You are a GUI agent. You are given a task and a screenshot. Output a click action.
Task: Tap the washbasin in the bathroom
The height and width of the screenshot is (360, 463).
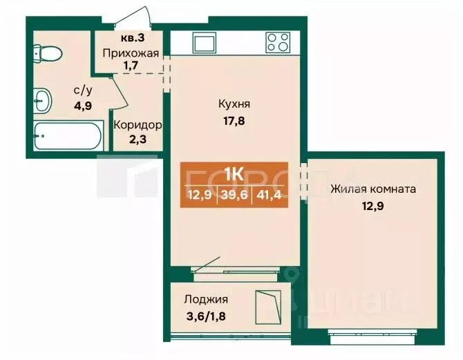click(43, 102)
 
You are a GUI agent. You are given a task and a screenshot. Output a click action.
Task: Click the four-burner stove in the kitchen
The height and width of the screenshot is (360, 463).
click(278, 42)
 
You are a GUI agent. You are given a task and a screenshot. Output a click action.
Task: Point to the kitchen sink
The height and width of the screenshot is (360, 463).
click(206, 42)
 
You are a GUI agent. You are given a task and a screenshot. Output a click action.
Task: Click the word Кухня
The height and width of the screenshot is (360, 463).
click(234, 104)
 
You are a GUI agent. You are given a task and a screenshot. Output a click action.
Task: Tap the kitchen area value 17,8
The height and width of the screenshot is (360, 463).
click(234, 120)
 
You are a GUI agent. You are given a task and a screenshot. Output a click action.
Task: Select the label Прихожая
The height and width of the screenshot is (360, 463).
click(131, 53)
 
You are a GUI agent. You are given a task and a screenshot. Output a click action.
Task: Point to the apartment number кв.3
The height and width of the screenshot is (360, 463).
click(131, 39)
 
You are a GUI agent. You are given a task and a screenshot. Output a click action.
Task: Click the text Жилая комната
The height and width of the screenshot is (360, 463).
click(372, 189)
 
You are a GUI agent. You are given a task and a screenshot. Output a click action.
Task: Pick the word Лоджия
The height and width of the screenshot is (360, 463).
click(206, 299)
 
